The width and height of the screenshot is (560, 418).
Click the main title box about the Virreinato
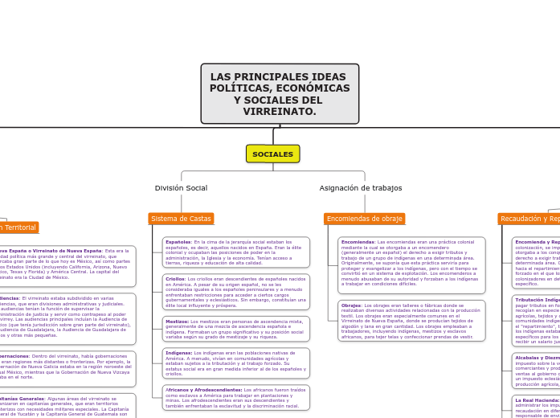[x=280, y=94]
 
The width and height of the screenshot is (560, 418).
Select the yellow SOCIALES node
[x=272, y=154]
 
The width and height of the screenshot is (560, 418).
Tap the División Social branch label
[x=181, y=188]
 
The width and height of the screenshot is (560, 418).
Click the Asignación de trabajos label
[x=360, y=188]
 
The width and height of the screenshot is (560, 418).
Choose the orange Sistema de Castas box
[x=181, y=219]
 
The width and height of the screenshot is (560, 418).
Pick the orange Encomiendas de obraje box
[x=364, y=219]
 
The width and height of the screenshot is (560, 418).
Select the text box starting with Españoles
[x=235, y=252]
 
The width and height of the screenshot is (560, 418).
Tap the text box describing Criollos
[x=235, y=292]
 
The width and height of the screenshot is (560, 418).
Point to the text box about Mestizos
[x=235, y=329]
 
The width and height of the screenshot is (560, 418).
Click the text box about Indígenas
[x=235, y=363]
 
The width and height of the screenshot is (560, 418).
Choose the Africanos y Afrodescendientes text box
[x=235, y=398]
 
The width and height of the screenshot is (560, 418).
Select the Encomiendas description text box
[x=410, y=263]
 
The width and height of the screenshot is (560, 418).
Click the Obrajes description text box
[x=410, y=321]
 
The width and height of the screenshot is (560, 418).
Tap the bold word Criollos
[x=174, y=279]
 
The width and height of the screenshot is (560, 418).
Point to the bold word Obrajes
[x=351, y=305]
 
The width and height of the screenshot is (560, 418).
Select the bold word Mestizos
[x=177, y=321]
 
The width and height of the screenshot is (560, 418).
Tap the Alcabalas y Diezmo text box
[x=536, y=371]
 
